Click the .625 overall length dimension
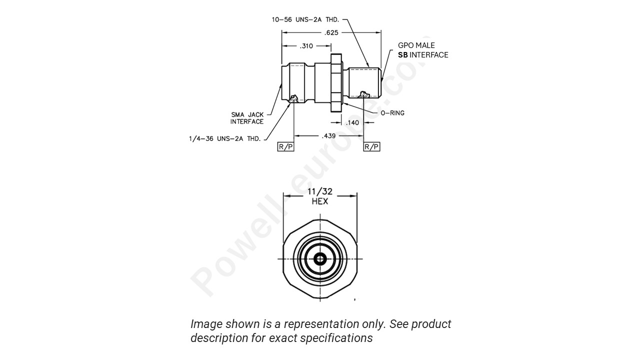click(331, 32)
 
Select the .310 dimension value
click(306, 46)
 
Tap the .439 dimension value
click(329, 135)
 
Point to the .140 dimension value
click(352, 122)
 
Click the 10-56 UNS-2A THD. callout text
click(305, 19)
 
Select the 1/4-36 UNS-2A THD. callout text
click(224, 138)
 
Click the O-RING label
click(392, 113)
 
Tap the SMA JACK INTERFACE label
click(247, 118)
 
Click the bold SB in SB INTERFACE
click(402, 54)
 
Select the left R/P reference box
click(285, 146)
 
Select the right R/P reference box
click(371, 146)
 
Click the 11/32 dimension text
click(320, 192)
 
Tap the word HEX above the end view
click(320, 201)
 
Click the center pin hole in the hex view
click(320, 259)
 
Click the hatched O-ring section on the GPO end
click(365, 94)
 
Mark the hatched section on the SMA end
click(294, 98)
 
